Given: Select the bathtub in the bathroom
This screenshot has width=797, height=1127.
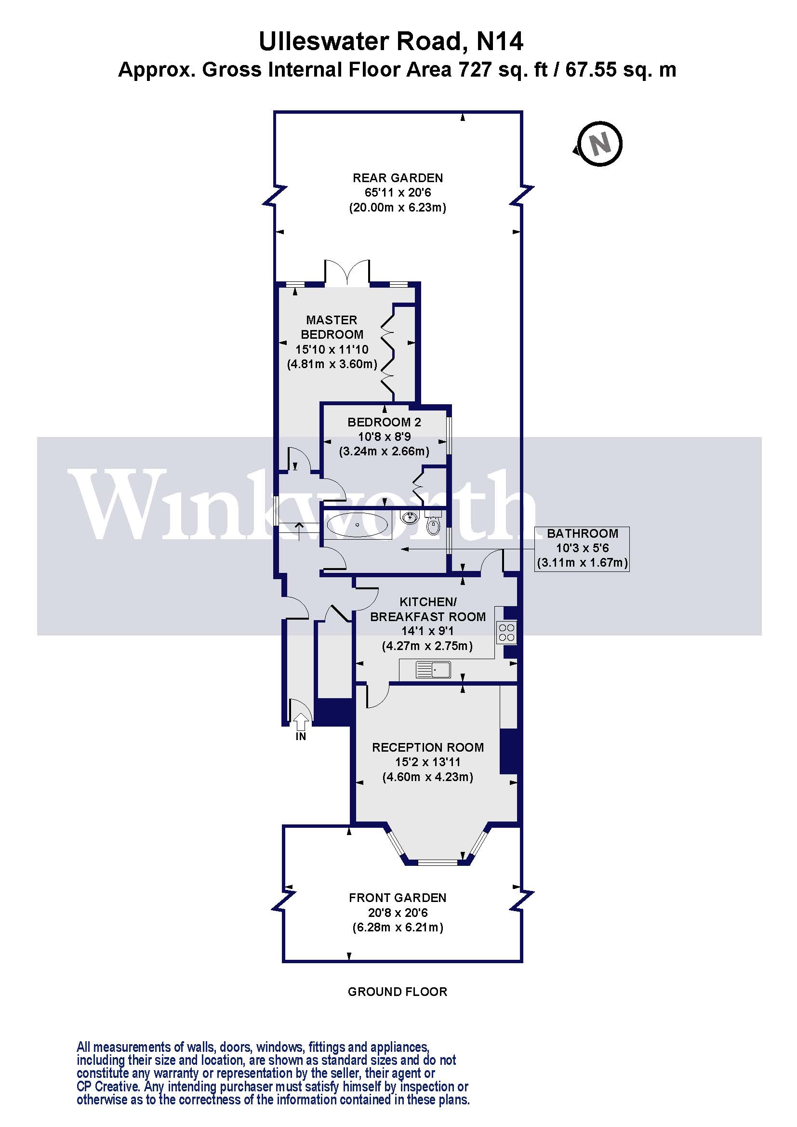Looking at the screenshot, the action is [357, 526].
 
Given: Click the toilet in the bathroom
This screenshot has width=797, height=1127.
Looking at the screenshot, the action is [433, 523].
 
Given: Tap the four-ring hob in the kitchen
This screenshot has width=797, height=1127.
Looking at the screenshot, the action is [506, 632].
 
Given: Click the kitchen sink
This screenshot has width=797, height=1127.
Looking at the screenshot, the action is [433, 670].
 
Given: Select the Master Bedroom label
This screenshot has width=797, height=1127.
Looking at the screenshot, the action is [332, 327].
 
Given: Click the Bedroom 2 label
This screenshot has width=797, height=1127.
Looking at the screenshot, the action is [384, 422].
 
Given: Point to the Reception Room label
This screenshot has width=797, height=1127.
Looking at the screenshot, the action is [428, 747].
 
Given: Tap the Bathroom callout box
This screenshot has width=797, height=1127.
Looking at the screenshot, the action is [583, 549].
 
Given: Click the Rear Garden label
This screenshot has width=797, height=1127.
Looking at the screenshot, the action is [398, 178].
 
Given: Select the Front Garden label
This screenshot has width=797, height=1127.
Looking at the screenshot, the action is [398, 898].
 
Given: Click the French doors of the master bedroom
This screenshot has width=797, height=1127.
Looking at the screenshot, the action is [346, 272].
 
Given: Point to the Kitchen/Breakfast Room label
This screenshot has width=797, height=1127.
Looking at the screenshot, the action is [428, 609].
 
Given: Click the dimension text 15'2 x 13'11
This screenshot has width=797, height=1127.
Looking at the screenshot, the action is [428, 762].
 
